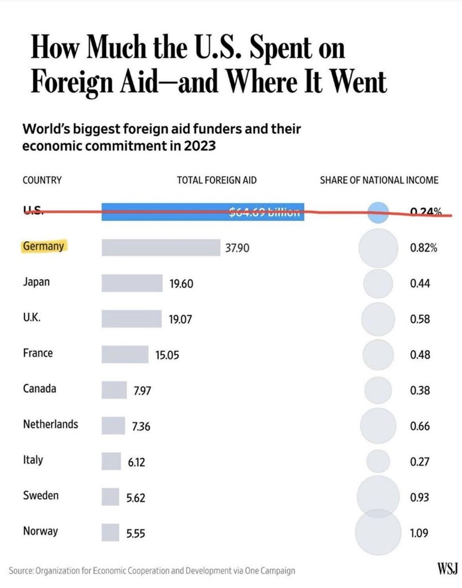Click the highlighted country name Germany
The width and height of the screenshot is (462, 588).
point(44,246)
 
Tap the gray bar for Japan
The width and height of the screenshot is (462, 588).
point(132,283)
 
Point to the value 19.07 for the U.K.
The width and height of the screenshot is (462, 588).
point(180,319)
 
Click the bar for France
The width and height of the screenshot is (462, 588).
point(125,354)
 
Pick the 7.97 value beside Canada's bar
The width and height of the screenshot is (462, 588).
point(142,391)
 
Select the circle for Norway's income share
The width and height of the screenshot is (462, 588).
point(376,532)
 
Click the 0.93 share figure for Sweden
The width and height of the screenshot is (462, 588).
point(420,498)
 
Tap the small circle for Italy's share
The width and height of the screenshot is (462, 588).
point(378,461)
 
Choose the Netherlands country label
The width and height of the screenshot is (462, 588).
point(51,424)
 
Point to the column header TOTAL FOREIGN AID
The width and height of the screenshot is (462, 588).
point(216,180)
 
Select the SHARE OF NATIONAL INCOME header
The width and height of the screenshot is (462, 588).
point(379,180)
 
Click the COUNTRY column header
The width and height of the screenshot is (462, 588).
point(42,180)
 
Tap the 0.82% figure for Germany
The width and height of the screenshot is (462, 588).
point(424,248)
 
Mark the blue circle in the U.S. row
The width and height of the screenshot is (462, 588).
point(377,212)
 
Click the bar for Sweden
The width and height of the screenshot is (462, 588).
point(111,497)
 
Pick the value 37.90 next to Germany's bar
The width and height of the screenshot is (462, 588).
point(236,248)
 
